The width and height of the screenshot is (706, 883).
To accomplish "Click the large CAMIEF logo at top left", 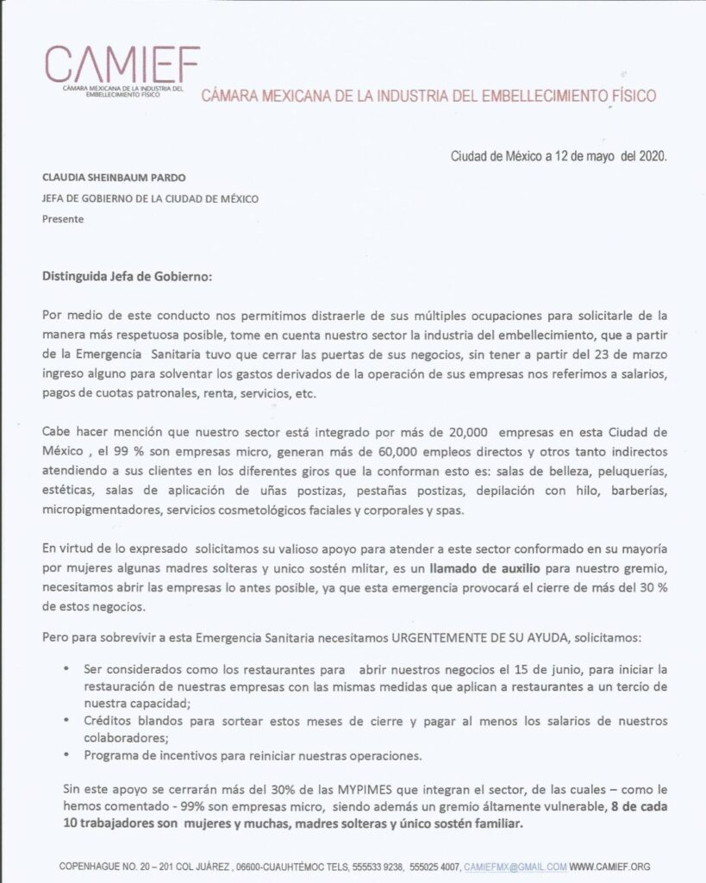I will point(122,63).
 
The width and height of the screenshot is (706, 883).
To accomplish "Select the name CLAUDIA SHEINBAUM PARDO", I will point(114,178).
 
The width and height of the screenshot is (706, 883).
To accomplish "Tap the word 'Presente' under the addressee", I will point(63,219).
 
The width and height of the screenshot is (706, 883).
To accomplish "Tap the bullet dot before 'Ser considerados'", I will point(67,668).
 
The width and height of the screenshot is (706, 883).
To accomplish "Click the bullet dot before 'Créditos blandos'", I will point(67,720).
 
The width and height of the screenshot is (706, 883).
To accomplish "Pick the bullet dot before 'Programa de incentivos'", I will point(67,755).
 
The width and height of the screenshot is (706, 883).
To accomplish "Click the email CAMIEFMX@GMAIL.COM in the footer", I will point(515,866).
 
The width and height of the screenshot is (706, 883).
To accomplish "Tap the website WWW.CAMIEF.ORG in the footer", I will point(609,866).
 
